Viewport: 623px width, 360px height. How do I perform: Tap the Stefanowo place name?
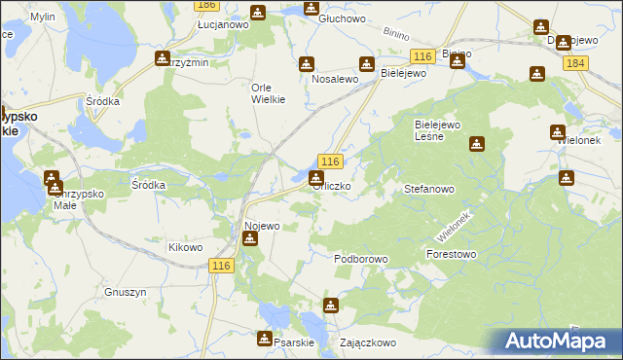coord(429,190)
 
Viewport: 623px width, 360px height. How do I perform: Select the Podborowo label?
coord(361,259)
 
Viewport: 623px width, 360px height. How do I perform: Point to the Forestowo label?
coord(451,254)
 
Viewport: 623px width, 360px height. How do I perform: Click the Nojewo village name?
coord(262,226)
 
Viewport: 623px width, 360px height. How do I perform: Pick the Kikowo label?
coord(185,247)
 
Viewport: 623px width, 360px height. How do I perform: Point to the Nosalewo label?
coord(335,79)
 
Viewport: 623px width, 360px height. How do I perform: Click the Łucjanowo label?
coord(223,24)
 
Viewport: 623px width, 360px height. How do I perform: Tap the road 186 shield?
coord(205,5)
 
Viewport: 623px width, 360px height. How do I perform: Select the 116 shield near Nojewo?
coord(223,267)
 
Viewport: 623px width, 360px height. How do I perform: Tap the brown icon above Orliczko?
coord(315,178)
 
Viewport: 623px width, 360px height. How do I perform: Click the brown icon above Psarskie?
coord(264,339)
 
